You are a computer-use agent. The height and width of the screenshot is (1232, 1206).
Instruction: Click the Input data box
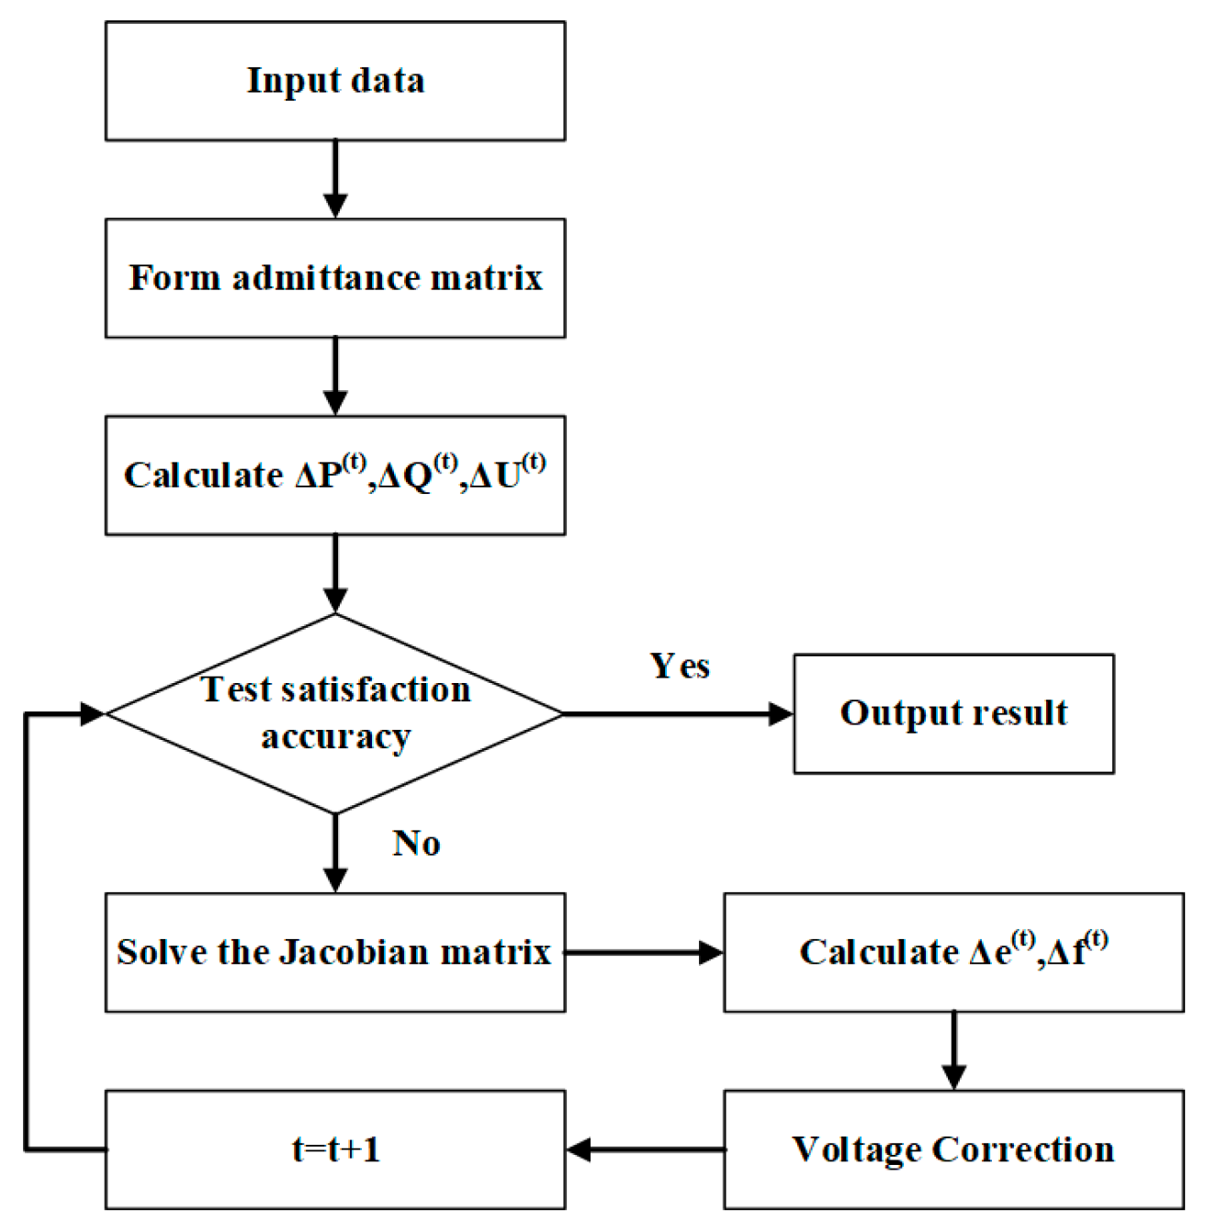(335, 81)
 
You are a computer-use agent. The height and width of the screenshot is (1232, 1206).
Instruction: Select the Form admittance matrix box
(335, 278)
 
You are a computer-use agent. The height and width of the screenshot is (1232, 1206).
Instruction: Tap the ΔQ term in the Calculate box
(416, 474)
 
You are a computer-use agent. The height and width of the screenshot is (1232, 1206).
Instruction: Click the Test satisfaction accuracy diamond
(335, 713)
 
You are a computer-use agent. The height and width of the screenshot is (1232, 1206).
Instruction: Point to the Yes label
(680, 666)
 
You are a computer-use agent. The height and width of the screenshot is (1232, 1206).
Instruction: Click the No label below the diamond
(416, 842)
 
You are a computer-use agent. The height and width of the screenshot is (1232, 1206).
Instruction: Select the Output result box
(953, 713)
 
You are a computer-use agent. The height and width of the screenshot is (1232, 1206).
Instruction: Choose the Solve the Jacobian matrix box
(335, 952)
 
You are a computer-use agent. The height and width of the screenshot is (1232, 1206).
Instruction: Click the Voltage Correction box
(953, 1149)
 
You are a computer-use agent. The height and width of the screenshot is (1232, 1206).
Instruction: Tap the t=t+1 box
(335, 1149)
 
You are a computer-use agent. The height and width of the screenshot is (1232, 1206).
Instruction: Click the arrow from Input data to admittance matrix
(335, 180)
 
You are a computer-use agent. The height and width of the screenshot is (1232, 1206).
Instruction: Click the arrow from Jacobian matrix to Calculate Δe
(644, 952)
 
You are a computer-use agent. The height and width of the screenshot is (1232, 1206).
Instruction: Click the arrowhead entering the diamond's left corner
(93, 713)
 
